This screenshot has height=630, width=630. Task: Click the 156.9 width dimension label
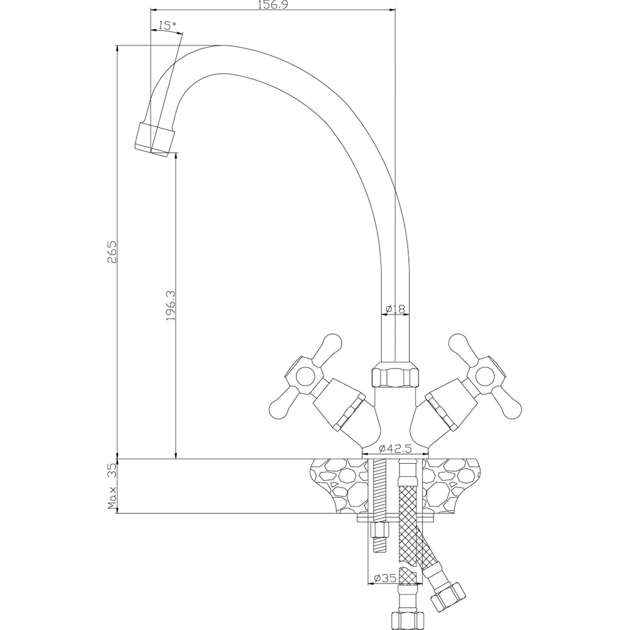coord(273,4)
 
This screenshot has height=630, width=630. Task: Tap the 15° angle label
coord(167,26)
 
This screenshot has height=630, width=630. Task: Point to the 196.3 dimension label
coord(171,306)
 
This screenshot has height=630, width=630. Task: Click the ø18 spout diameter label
coord(395,309)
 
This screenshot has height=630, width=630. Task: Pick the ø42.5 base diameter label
coord(396,447)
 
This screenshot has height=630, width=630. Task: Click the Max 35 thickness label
coord(112,486)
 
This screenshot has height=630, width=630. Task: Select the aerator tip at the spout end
coord(155,139)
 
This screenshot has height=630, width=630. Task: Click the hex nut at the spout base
coord(396,374)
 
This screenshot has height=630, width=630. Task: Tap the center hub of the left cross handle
coord(304,376)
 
